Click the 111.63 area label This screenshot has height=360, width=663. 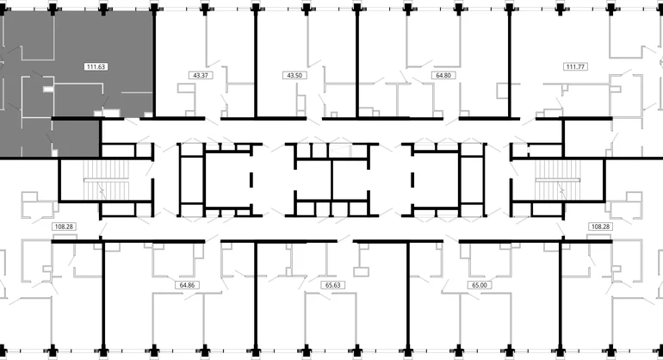click(x=96, y=66)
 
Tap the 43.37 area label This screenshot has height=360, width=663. click(x=201, y=75)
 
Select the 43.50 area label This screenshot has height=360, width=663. click(x=294, y=75)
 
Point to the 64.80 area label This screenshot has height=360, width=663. click(x=443, y=75)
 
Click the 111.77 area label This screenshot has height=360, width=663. click(x=575, y=66)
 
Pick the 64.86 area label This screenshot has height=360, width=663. click(x=187, y=285)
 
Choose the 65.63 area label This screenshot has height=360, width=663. click(x=333, y=285)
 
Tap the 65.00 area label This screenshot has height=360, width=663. click(x=480, y=285)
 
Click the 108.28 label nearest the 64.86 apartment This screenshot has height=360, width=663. click(x=64, y=227)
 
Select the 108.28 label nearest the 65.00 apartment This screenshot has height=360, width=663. click(x=600, y=227)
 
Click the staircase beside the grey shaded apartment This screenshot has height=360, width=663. click(x=106, y=180)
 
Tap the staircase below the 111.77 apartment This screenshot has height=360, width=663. click(x=557, y=180)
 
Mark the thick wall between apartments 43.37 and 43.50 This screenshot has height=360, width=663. click(x=256, y=64)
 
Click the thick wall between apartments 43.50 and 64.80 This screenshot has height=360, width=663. click(x=357, y=64)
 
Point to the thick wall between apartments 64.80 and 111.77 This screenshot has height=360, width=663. click(x=510, y=64)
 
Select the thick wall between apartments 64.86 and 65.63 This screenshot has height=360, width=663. click(x=256, y=296)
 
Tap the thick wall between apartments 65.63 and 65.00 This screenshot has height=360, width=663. click(x=408, y=296)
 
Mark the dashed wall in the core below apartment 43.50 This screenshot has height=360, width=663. click(x=251, y=179)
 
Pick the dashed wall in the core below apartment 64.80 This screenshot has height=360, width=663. click(x=412, y=179)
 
